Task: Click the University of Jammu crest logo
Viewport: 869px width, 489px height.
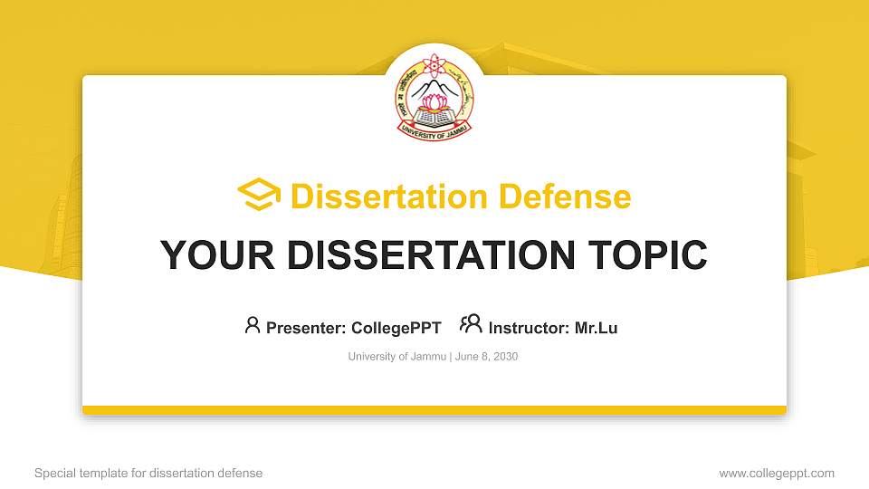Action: [434, 97]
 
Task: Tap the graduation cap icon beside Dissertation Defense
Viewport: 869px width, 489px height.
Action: [259, 194]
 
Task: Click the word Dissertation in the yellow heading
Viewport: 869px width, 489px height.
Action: [389, 197]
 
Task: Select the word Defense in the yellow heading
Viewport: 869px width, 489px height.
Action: [565, 197]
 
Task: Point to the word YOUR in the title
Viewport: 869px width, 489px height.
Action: [217, 255]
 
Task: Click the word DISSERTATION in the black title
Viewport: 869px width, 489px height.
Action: [431, 255]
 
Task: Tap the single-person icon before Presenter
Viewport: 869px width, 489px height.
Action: [253, 325]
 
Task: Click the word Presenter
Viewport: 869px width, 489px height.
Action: [306, 328]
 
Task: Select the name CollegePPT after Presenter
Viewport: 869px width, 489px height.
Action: [396, 328]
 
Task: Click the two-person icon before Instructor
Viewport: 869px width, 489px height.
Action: [471, 324]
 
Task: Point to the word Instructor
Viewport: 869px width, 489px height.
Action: [529, 328]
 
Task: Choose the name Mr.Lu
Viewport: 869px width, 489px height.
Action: [596, 328]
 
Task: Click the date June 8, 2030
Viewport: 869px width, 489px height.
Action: [487, 357]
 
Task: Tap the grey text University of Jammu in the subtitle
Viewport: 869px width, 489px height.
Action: [396, 357]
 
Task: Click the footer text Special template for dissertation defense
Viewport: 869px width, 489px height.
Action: [148, 473]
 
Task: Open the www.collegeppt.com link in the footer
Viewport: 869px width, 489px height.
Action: [777, 473]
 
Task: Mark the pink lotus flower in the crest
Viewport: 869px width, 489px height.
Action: [434, 102]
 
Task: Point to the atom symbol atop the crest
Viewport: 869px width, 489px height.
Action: [434, 65]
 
